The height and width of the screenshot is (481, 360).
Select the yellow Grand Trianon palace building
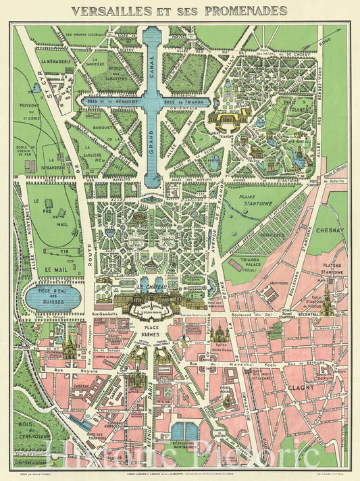click(x=229, y=118)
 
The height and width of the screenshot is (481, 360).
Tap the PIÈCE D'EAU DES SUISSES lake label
click(x=53, y=297)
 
